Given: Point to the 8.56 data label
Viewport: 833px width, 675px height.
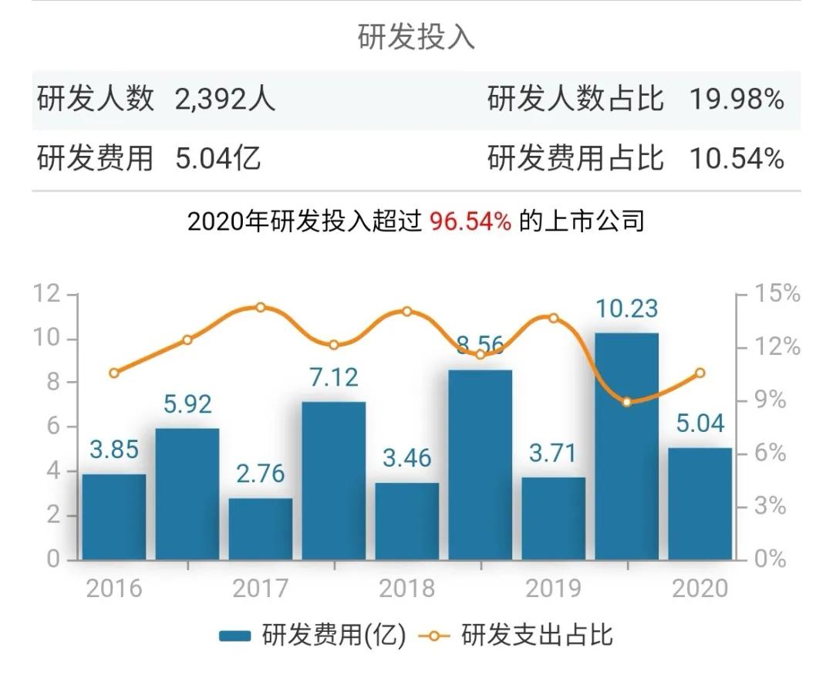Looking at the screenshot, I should pos(480,345).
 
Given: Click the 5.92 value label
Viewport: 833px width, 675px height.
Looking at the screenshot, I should pos(187,403).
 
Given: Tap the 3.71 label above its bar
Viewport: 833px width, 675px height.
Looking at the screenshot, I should pos(553,453).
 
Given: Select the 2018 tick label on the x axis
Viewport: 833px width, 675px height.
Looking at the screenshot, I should pos(406,589).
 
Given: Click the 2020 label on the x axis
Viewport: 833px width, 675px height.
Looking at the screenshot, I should pos(700,589).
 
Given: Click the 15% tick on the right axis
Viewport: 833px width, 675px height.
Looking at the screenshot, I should pos(777,294).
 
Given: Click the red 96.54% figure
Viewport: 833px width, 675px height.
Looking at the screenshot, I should pos(470,222).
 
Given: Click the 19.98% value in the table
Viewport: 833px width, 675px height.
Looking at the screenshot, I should pos(737,100).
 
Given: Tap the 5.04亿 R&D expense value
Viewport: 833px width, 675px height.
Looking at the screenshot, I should pos(218,159).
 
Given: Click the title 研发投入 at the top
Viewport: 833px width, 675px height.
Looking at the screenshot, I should pos(416,37).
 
